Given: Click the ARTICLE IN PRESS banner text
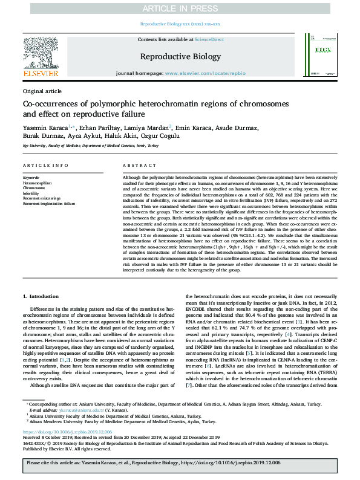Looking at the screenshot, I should pos(180,8).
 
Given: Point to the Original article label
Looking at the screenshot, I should pos(42,91).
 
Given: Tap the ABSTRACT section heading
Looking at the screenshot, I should pos(139,165).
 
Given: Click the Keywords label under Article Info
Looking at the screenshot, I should pos(30,178).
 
